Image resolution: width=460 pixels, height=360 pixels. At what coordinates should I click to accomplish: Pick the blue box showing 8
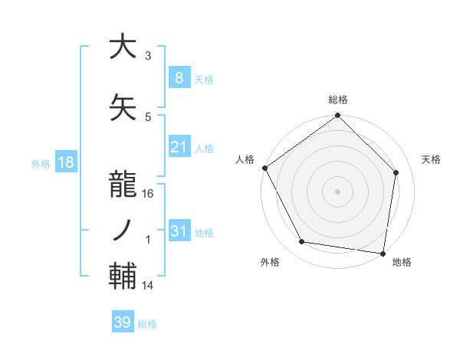(x=179, y=77)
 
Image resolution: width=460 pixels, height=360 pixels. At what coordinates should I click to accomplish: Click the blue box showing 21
(x=179, y=147)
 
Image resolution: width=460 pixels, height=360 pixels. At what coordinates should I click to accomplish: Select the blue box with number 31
(x=179, y=231)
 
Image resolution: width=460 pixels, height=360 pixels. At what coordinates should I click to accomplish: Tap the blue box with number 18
(x=65, y=162)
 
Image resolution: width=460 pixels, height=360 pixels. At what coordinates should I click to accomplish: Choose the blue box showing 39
(x=122, y=322)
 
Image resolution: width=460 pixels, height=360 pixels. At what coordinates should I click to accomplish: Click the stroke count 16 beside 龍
(x=148, y=194)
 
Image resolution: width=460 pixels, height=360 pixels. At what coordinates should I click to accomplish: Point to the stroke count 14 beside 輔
(x=148, y=286)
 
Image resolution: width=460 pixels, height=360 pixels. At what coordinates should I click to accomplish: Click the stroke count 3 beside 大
(x=148, y=56)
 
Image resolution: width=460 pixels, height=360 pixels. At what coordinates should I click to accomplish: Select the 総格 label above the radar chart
(x=338, y=100)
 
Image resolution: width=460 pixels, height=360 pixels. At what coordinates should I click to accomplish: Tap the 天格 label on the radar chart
(x=432, y=159)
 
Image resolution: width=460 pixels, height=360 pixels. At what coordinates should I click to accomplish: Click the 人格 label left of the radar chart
(x=245, y=159)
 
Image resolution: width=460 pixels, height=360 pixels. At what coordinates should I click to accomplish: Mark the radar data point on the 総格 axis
(x=338, y=116)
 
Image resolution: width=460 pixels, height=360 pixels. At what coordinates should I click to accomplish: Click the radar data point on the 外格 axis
(x=302, y=242)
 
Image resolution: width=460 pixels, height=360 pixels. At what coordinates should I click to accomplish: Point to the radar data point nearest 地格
(x=383, y=252)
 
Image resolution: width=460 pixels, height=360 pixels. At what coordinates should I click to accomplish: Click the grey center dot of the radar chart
(x=338, y=191)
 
